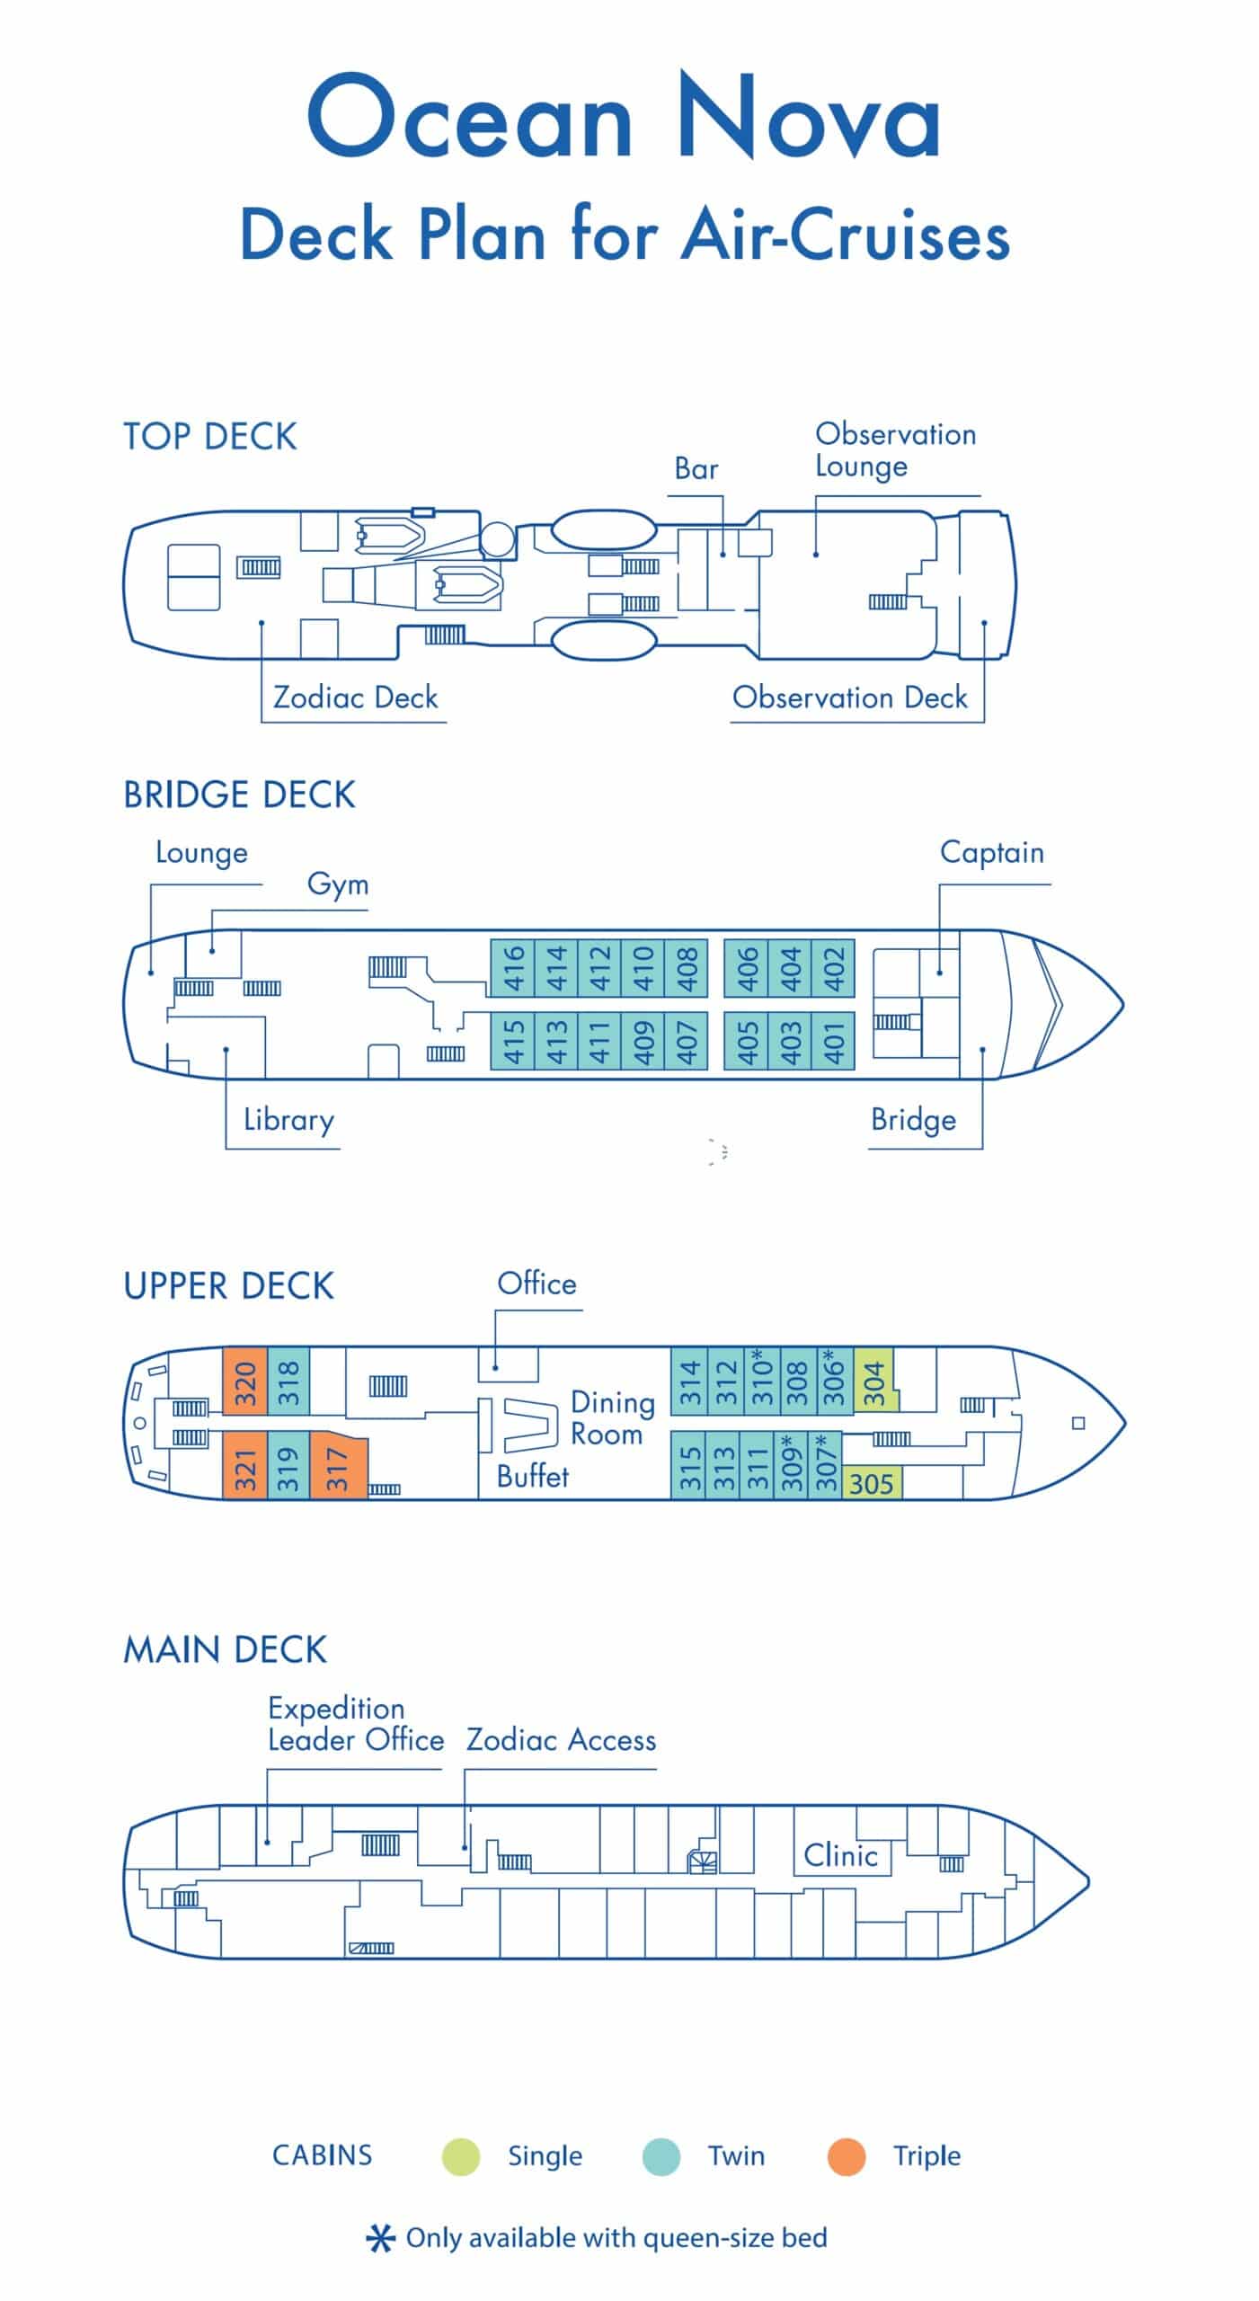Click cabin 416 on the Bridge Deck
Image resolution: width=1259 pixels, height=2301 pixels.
point(513,968)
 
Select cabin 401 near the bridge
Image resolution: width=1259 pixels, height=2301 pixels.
point(834,1042)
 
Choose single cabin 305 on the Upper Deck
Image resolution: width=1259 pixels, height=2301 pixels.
point(872,1483)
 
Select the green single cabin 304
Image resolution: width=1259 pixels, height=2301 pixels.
point(873,1382)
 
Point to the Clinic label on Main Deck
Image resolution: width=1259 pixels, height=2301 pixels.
point(840,1854)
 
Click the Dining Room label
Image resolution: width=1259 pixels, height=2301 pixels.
point(611,1417)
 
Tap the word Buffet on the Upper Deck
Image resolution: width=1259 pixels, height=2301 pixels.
point(533,1476)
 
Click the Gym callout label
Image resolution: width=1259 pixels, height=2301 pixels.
point(338,884)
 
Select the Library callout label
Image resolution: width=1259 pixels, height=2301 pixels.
point(288,1120)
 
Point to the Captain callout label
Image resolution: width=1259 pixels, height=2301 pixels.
point(991,852)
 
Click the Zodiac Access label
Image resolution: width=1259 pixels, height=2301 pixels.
point(561,1740)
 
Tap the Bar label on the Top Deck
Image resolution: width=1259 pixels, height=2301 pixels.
point(696,468)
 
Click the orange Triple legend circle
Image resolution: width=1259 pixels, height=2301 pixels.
point(846,2156)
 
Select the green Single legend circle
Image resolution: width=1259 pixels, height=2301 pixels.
point(461,2156)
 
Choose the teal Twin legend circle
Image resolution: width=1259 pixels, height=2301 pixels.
point(661,2156)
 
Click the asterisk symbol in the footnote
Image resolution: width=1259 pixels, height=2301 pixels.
point(380,2238)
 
